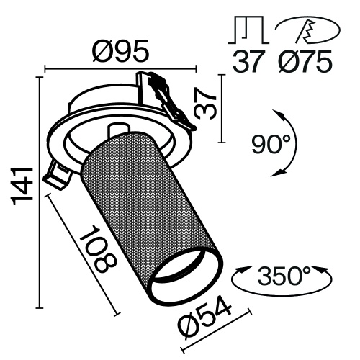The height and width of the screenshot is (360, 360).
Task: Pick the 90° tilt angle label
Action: (x=274, y=145)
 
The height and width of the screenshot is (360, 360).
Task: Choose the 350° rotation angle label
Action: (x=282, y=276)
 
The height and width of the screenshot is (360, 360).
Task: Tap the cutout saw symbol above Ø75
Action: (x=303, y=30)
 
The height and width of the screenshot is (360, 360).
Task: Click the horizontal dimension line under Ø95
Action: (x=121, y=70)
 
